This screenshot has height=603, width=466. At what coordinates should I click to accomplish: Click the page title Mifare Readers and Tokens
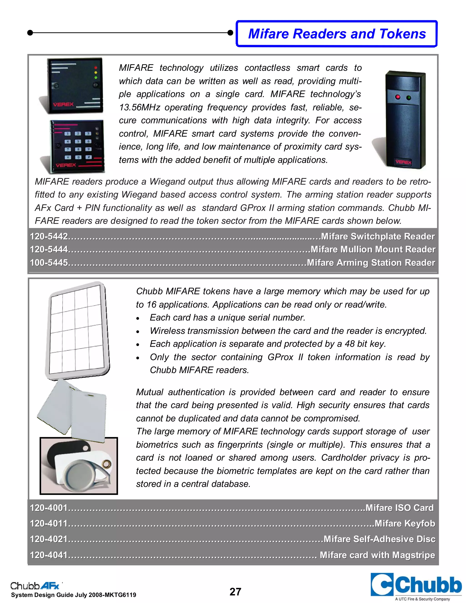(x=337, y=34)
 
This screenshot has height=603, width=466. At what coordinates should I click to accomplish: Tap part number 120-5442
(x=49, y=236)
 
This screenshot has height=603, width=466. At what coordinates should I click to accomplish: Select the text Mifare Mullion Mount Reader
(x=373, y=249)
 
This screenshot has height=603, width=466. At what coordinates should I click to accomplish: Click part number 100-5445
(x=49, y=263)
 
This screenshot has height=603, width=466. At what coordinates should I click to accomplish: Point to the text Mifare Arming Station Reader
(x=371, y=263)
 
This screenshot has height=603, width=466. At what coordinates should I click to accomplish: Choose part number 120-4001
(x=49, y=508)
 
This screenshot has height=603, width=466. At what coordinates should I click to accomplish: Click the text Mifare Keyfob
(x=405, y=524)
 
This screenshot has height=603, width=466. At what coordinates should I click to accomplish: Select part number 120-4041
(x=49, y=555)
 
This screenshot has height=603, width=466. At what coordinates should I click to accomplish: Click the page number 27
(x=235, y=592)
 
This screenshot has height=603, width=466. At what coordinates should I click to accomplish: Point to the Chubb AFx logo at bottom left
(x=35, y=586)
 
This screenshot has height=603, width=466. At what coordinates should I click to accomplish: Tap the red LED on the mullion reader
(x=398, y=97)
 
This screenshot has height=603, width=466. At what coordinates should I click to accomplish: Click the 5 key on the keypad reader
(x=78, y=141)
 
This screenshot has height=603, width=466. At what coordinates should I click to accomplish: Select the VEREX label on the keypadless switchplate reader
(x=63, y=104)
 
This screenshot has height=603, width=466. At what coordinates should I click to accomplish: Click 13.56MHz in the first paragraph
(x=140, y=107)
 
